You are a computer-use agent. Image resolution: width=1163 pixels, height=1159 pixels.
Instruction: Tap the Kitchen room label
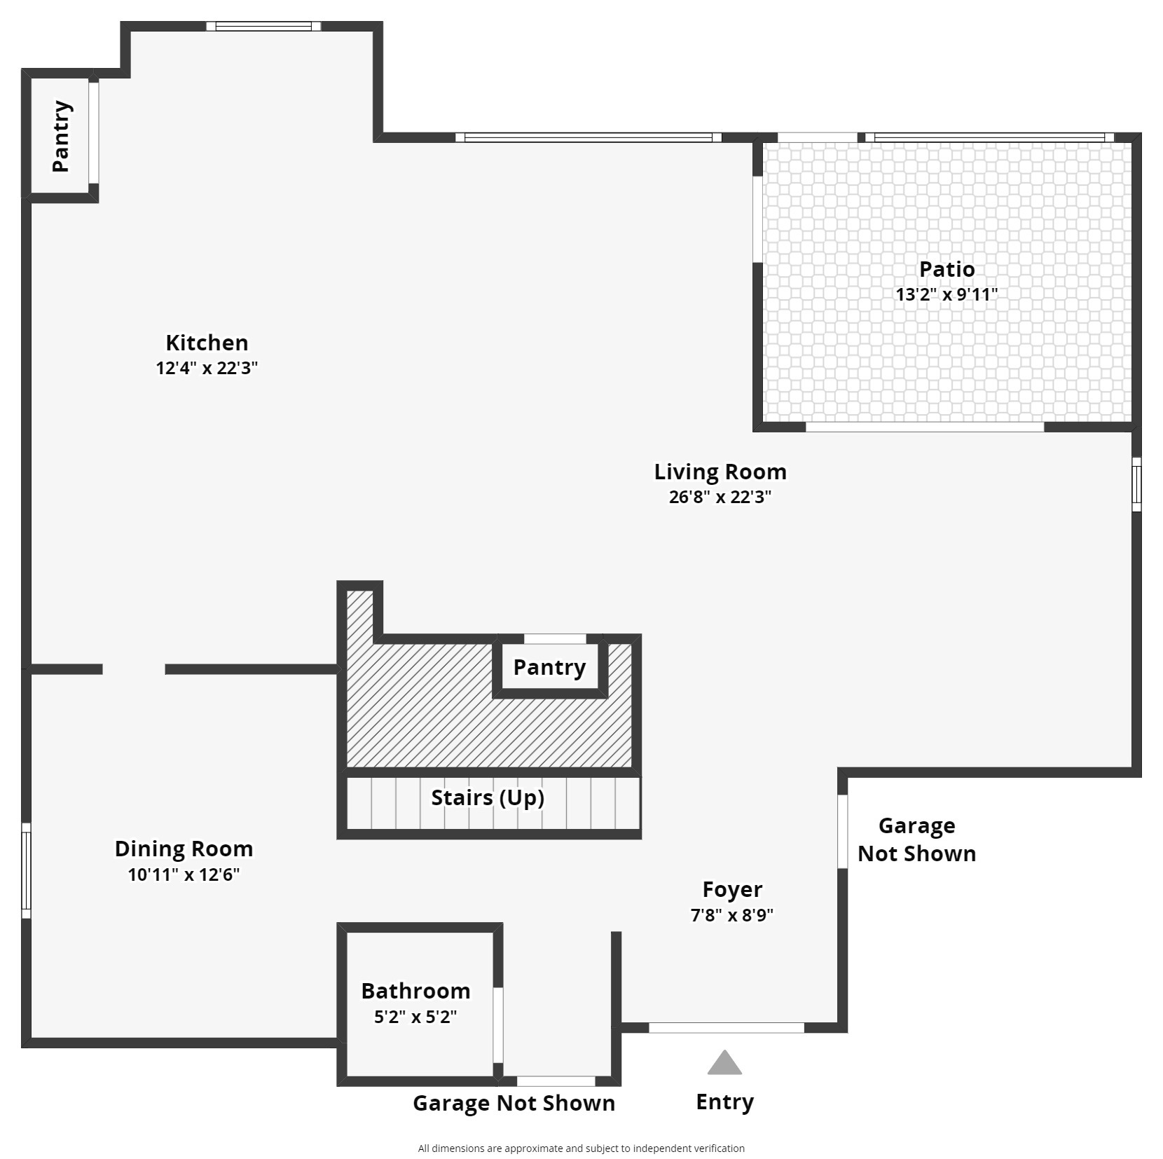tap(207, 343)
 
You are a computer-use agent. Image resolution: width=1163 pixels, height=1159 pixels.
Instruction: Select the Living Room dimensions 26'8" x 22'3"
tap(720, 497)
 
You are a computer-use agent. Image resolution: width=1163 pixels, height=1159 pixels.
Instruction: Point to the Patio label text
tap(947, 269)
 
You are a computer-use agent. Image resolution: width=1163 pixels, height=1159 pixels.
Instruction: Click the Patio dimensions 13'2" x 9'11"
tap(947, 294)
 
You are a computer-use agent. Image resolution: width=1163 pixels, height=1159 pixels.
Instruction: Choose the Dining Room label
tap(184, 849)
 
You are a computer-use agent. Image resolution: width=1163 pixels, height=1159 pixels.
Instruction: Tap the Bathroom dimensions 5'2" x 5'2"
tap(415, 1017)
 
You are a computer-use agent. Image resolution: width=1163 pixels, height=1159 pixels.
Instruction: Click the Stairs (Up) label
tap(488, 797)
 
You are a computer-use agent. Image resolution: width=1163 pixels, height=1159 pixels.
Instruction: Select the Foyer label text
tap(732, 890)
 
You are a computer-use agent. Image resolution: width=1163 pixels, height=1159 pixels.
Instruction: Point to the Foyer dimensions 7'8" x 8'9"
tap(732, 915)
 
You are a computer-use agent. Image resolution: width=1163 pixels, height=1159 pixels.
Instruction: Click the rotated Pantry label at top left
tap(62, 136)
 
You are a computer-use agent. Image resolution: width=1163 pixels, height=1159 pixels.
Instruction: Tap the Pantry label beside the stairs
tap(549, 668)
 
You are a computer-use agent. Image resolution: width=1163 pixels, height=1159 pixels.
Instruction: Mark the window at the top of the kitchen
tap(263, 27)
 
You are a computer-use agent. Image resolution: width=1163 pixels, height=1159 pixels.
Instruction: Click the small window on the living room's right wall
tap(1136, 484)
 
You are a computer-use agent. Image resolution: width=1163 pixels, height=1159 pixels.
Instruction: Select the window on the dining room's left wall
tap(26, 870)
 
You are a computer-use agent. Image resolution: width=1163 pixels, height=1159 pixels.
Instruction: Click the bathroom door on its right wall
tap(498, 1025)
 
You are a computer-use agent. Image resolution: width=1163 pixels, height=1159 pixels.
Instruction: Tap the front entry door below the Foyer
tap(727, 1028)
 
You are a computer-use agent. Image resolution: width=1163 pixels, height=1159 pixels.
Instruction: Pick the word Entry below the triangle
tap(724, 1102)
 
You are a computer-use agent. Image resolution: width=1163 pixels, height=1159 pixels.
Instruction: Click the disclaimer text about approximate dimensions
tap(581, 1148)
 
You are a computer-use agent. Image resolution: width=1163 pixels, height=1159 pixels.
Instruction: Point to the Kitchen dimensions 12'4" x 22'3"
tap(207, 368)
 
